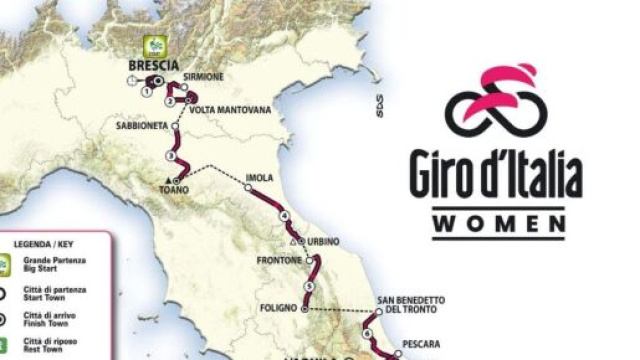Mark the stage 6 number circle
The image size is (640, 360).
pos(367,333)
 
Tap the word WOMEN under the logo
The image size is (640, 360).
pos(497,224)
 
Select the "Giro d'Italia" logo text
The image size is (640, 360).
pos(495,175)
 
